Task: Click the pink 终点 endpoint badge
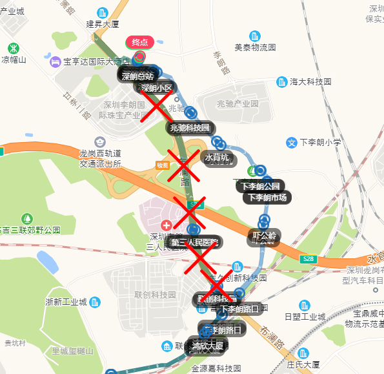pos(139,42)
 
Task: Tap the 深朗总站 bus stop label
pos(137,76)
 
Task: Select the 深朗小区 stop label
pos(157,88)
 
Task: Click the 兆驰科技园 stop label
pos(189,128)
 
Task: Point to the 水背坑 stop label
pos(217,157)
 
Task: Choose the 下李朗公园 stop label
pos(260,186)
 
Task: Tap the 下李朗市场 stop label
pos(264,198)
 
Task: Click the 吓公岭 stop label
pos(265,236)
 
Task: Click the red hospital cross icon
pos(167,225)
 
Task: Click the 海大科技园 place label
pos(310,82)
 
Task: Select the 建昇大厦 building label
pos(103,24)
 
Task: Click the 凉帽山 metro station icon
pos(13,48)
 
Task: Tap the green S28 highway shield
pos(308,259)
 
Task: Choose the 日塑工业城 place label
pos(305,317)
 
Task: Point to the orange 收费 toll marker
pos(162,165)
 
